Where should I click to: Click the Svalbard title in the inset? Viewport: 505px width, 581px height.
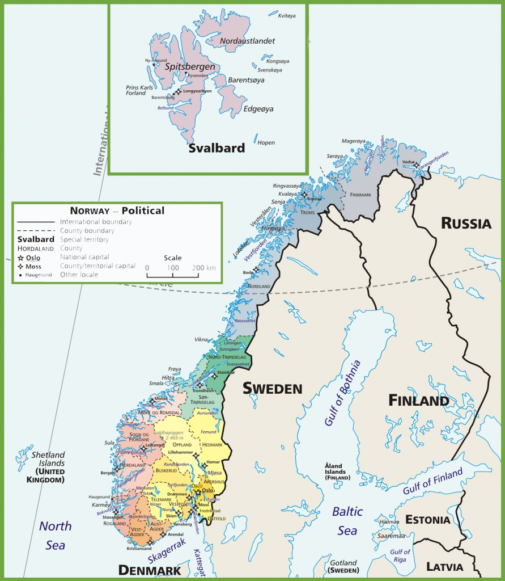tap(217, 148)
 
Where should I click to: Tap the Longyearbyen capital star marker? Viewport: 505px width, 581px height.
tap(179, 91)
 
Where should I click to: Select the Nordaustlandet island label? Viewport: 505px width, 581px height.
tap(247, 41)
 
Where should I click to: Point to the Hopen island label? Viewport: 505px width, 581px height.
tap(266, 143)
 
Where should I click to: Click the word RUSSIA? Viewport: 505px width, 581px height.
tap(466, 223)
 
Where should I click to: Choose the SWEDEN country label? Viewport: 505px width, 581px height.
tap(272, 389)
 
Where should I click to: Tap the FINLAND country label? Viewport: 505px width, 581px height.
tap(418, 401)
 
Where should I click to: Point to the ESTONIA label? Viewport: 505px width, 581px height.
tap(428, 520)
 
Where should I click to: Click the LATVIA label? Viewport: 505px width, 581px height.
tap(445, 566)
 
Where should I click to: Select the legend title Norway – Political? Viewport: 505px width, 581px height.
tap(117, 210)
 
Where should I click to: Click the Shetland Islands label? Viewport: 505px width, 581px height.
tap(48, 458)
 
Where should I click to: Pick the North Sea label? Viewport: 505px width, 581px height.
tap(56, 535)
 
